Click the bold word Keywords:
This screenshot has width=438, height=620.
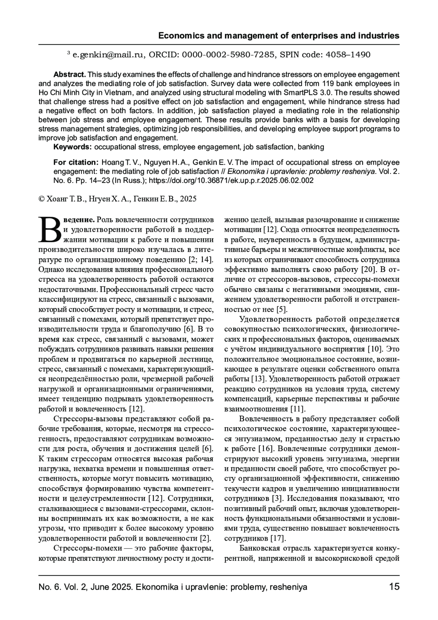click(73, 147)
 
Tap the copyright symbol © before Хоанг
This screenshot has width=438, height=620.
click(41, 199)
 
